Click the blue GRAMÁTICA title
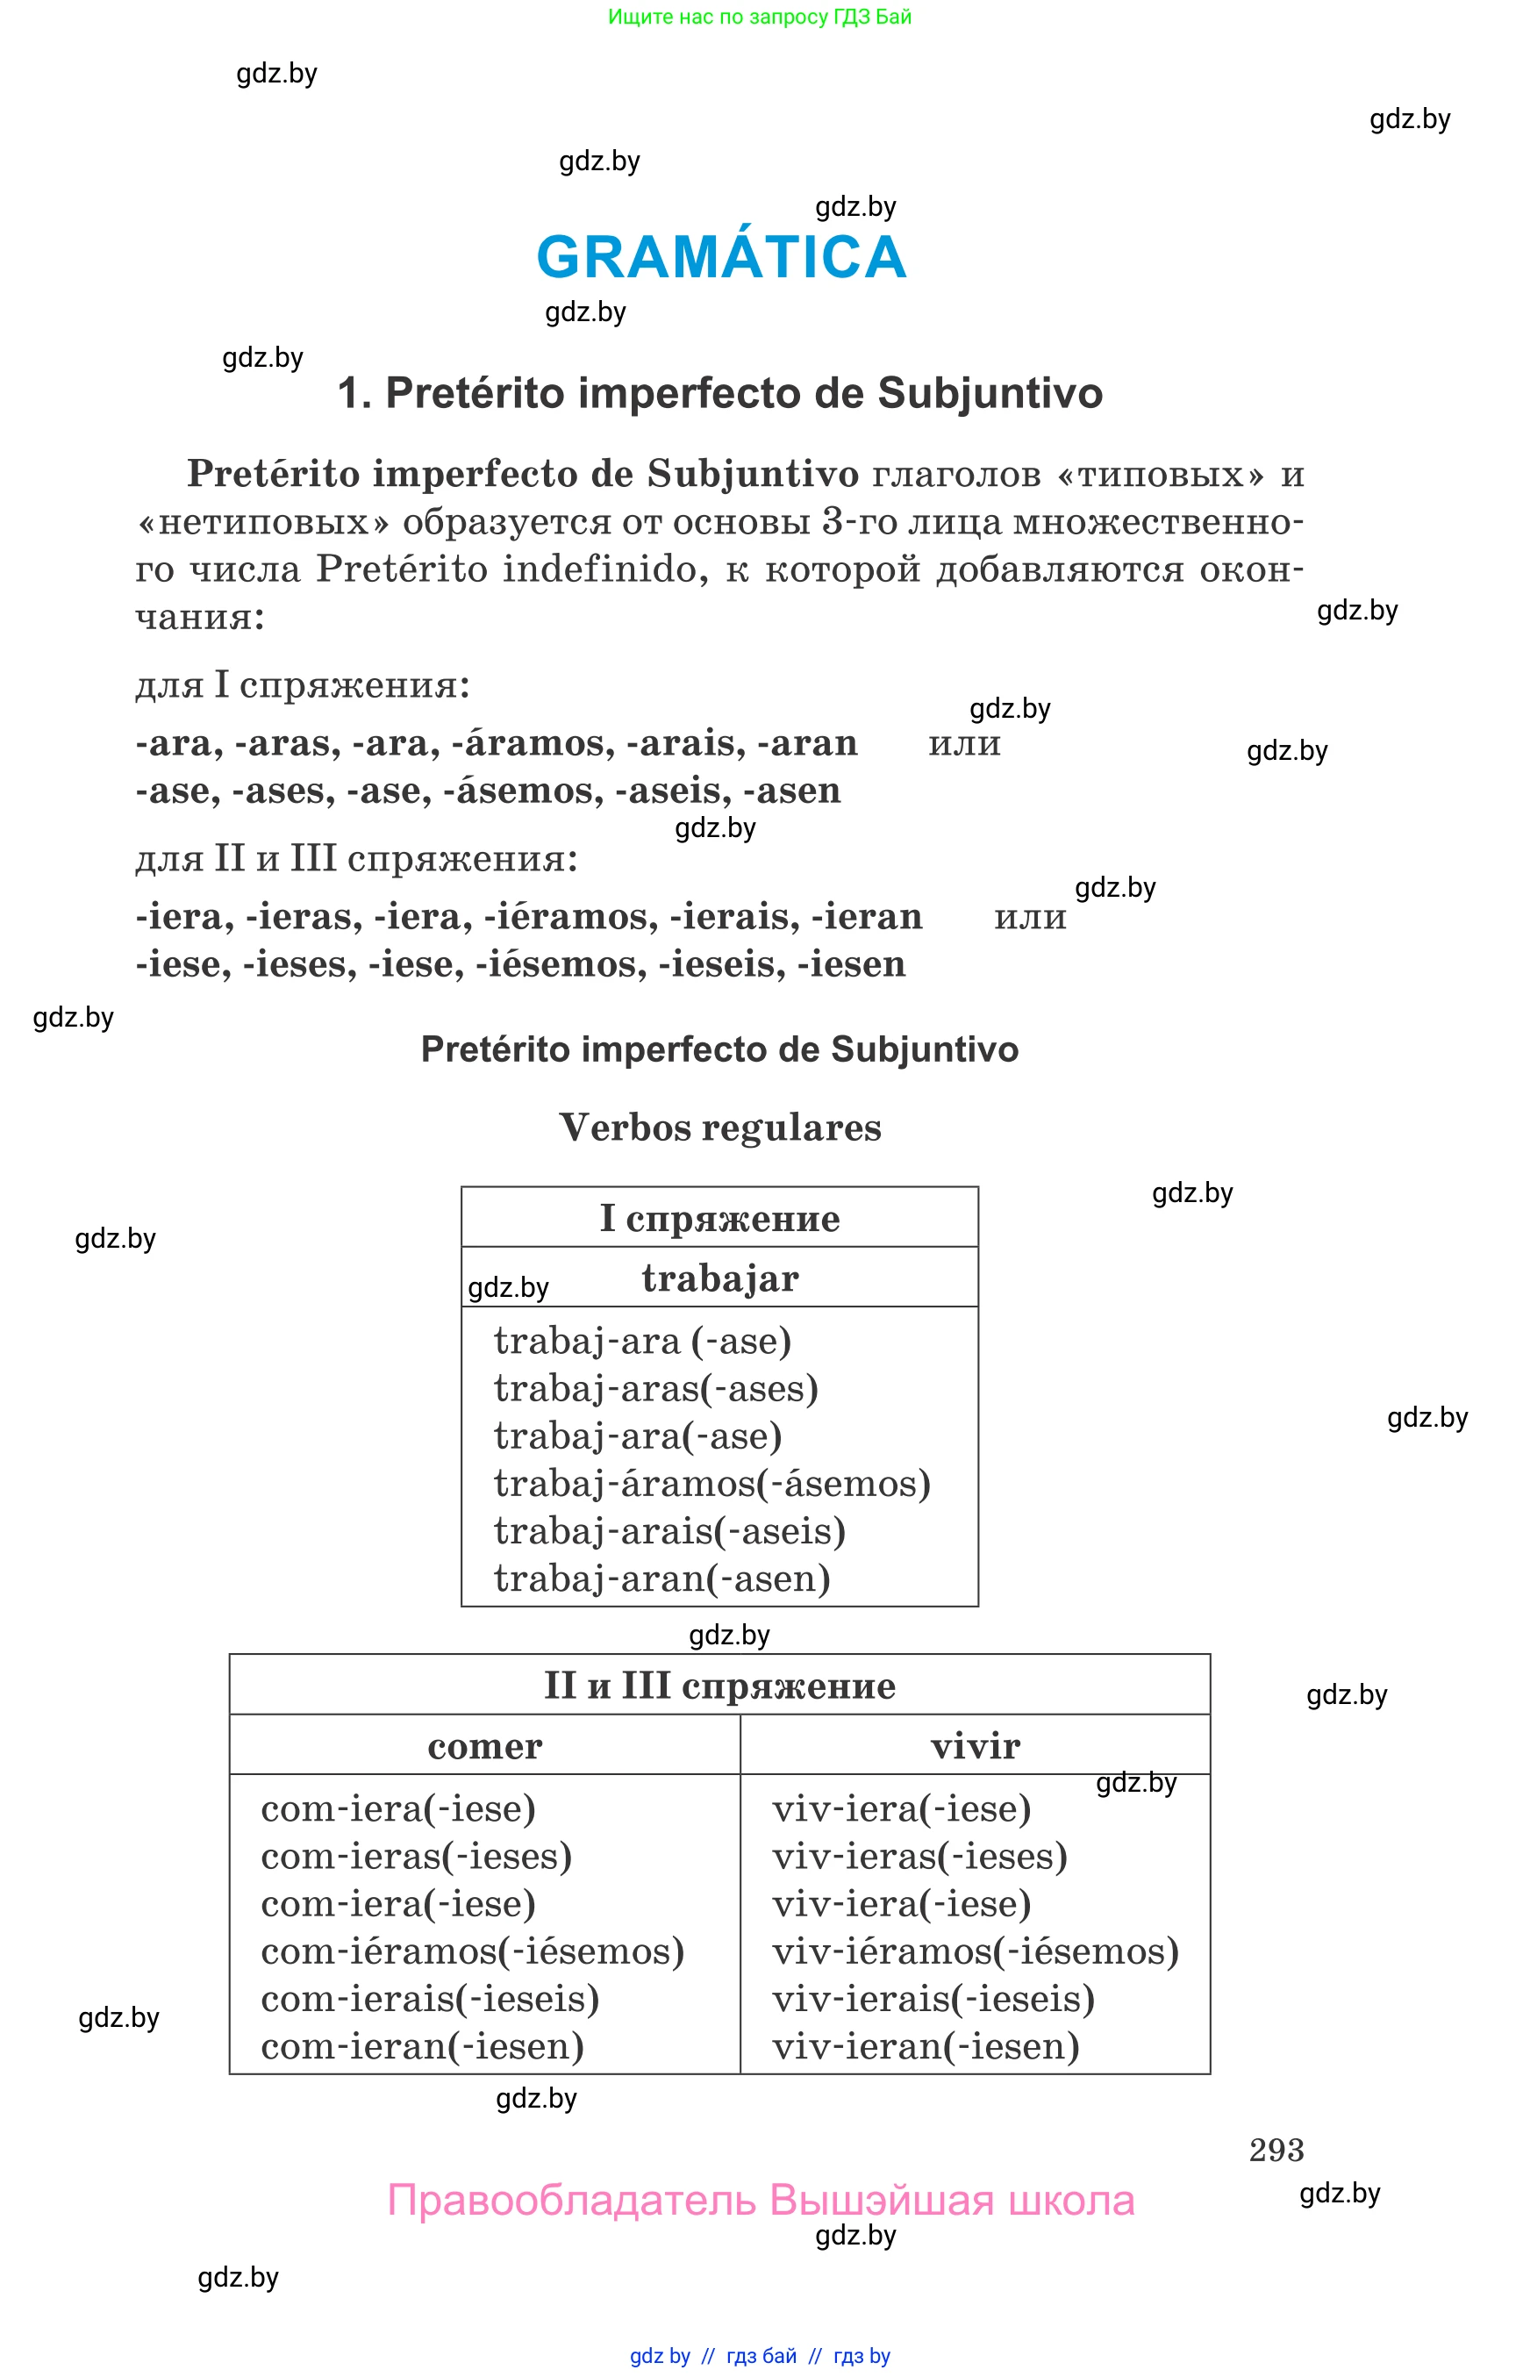(721, 257)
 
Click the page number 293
(1276, 2150)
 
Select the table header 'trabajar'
(720, 1278)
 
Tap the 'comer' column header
(484, 1746)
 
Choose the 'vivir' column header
(975, 1746)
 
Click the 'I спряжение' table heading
(720, 1218)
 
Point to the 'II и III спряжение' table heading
(720, 1685)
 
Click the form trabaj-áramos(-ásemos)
(712, 1484)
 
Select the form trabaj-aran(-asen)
(661, 1579)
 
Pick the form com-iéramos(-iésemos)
(473, 1951)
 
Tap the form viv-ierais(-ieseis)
(933, 1998)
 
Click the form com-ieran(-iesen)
(422, 2045)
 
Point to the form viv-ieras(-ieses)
(919, 1856)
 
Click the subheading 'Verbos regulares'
(720, 1128)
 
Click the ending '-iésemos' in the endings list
(560, 963)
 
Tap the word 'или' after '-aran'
(964, 743)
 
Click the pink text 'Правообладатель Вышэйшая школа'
(761, 2200)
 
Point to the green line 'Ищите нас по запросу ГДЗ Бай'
(760, 17)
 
